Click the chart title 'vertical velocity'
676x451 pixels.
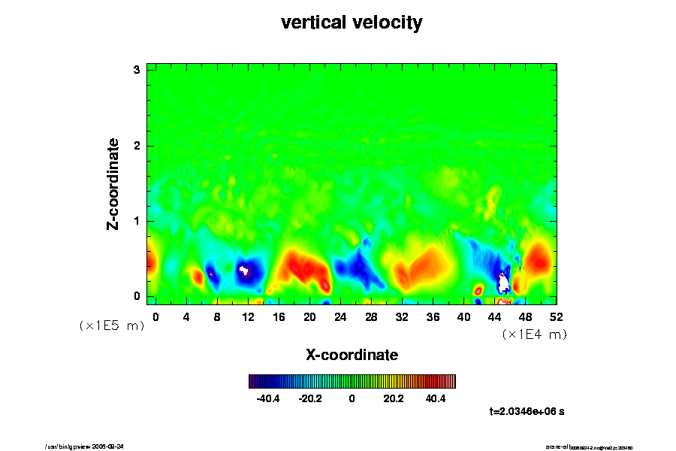tap(352, 23)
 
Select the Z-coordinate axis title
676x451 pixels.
tap(113, 183)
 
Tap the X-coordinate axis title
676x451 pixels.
tap(352, 354)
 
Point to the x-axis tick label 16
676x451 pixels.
tap(279, 316)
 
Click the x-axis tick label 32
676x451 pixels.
tap(402, 316)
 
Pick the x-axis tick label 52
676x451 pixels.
tap(556, 316)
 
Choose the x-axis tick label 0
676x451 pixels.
tap(155, 316)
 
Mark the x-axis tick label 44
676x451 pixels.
tap(494, 316)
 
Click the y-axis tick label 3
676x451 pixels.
tap(137, 70)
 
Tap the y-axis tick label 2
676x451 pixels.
tap(137, 145)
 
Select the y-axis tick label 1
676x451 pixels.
tap(137, 221)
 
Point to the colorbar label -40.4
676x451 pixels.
tap(268, 398)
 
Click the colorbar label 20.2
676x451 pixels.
tap(394, 398)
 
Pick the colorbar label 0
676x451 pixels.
tap(352, 398)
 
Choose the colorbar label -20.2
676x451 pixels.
tap(310, 398)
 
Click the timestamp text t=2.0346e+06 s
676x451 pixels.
tap(527, 412)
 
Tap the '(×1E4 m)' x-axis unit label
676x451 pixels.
tap(534, 334)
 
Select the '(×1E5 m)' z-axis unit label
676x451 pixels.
tap(112, 325)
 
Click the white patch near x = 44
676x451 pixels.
tap(504, 284)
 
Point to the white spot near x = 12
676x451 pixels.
tap(243, 268)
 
